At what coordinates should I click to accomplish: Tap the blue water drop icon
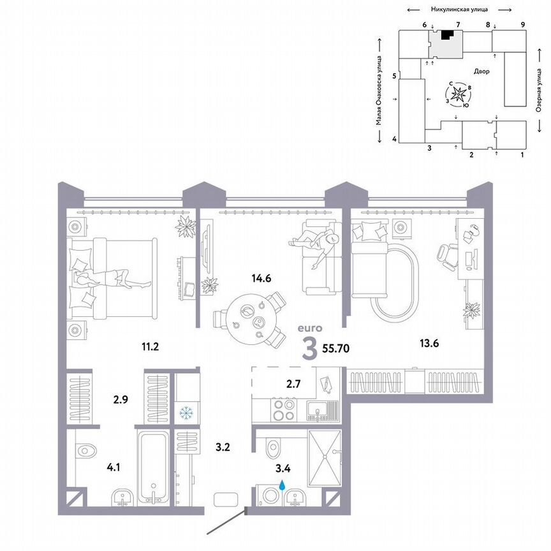[x=282, y=487]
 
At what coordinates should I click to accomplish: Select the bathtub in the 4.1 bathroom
[x=154, y=469]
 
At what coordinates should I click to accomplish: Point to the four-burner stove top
[x=283, y=409]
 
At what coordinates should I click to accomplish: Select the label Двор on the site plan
[x=481, y=71]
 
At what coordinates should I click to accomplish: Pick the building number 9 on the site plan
[x=522, y=24]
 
